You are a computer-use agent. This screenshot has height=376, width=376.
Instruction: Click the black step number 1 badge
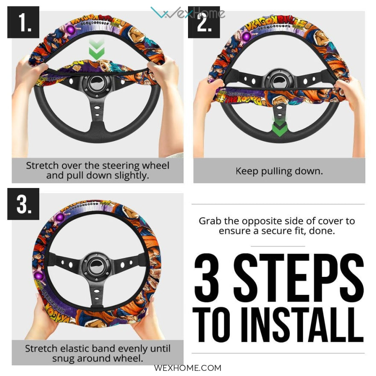[x=23, y=22]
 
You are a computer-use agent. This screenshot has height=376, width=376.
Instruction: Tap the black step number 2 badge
[x=204, y=22]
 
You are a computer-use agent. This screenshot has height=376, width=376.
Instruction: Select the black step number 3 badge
[x=23, y=204]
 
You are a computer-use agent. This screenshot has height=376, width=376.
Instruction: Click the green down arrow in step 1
[x=97, y=49]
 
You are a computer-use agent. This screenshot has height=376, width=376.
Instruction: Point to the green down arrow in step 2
[x=279, y=126]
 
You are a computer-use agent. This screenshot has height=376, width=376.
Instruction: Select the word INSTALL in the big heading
[x=302, y=325]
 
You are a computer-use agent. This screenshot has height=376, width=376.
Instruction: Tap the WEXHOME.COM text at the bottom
[x=188, y=368]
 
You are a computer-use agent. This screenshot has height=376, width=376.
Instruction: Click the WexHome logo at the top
[x=188, y=13]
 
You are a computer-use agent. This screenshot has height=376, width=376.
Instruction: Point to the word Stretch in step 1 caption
[x=42, y=165]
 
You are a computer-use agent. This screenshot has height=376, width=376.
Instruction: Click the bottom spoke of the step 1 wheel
[x=97, y=115]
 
